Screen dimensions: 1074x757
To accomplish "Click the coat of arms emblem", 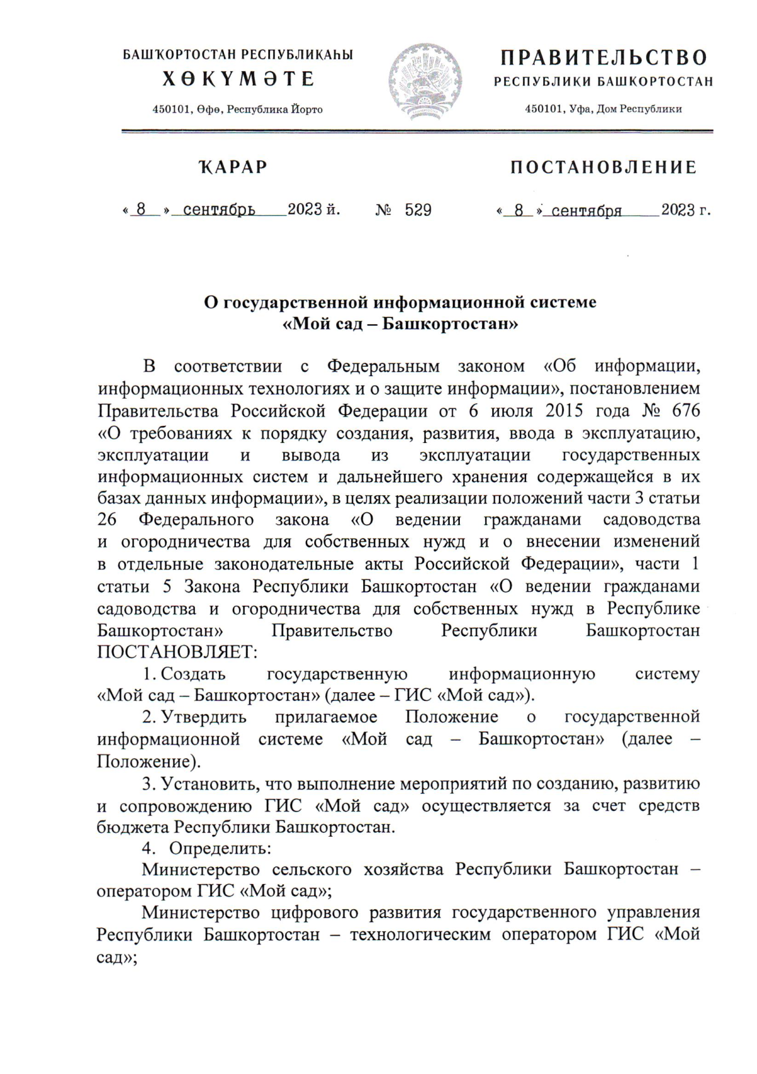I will pos(425,81).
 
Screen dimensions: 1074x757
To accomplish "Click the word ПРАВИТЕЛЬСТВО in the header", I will pos(604,58).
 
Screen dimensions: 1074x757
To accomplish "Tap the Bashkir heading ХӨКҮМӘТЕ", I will pos(238,79).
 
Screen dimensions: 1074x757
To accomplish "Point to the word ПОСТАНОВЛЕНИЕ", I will pos(604,167).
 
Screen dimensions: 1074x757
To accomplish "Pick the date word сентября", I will pos(587,211).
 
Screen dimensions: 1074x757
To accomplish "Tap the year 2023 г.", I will pos(686,210).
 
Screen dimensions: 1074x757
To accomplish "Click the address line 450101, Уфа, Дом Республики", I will pos(604,109).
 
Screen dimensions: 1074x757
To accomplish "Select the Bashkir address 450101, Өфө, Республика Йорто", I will pos(238,110).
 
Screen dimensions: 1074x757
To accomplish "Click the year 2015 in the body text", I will pos(564,411).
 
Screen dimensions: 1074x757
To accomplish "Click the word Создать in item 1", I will pos(193,674).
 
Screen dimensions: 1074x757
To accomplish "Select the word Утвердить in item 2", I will pos(204,717).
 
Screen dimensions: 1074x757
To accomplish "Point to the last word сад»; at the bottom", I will pos(117,957).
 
